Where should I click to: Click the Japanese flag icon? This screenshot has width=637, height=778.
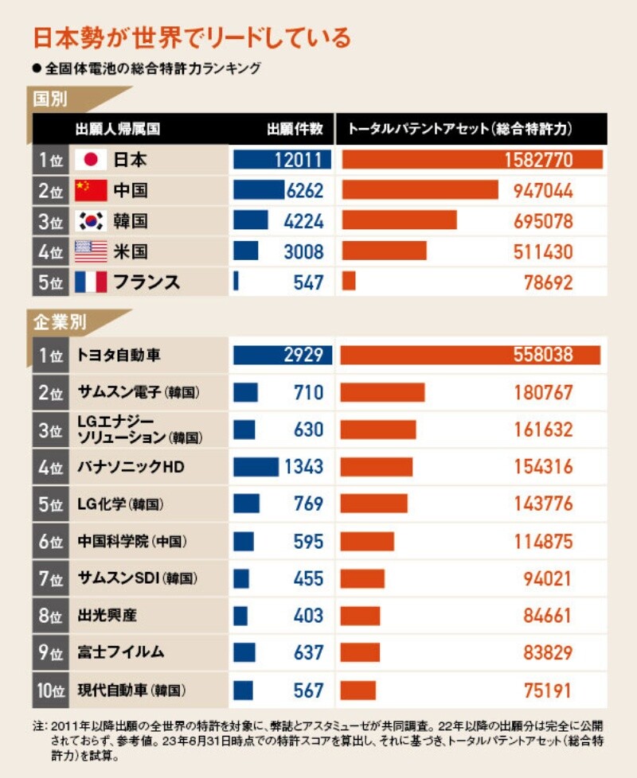pos(90,160)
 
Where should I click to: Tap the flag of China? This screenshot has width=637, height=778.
pos(90,191)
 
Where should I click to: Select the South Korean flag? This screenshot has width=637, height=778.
pos(90,221)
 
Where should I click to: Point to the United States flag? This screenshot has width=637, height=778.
pos(90,251)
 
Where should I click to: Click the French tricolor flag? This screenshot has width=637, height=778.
pos(90,282)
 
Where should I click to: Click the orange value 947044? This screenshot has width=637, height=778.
pos(538,191)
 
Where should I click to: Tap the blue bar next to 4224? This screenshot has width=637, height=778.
pos(251,221)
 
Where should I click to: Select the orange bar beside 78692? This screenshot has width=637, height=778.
pos(349,282)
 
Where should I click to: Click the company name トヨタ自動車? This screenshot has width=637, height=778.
pos(120,356)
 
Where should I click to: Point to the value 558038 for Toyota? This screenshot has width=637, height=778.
pos(538,356)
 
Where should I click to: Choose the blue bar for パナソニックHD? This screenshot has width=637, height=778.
pos(256,467)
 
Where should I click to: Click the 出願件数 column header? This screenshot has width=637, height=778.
pos(295,129)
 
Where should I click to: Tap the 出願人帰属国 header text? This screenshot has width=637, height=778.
pos(117,129)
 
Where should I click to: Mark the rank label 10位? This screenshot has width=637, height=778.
pos(50,690)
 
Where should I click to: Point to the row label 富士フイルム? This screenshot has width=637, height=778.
pos(121,652)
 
